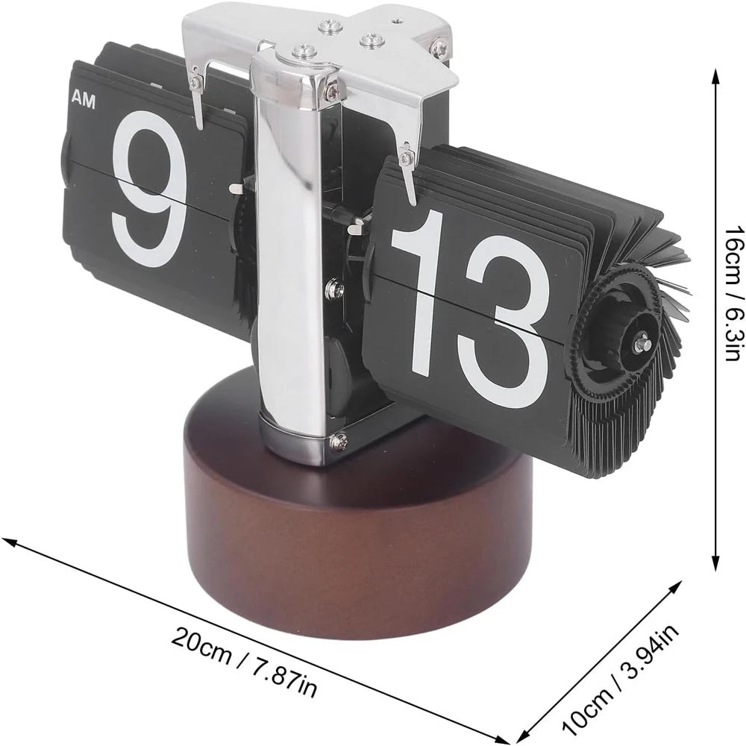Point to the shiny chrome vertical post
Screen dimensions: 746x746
[288, 246]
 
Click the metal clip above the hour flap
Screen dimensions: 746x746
[196, 87]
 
